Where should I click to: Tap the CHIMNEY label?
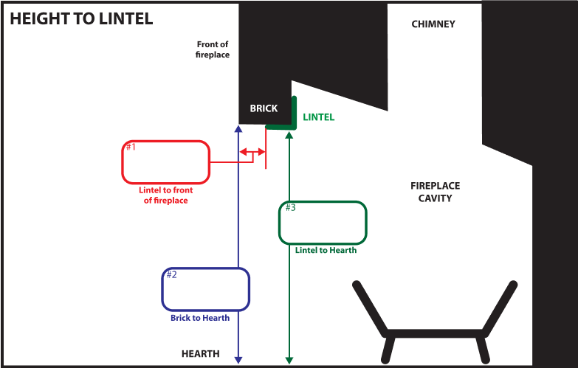tap(433, 24)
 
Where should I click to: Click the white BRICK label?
tap(264, 108)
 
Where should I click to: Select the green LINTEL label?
tap(319, 117)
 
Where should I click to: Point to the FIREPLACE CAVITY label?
tap(435, 192)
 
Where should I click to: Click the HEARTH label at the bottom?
tap(201, 354)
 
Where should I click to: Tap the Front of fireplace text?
tap(213, 49)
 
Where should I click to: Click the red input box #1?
tap(166, 162)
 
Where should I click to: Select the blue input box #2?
tap(206, 289)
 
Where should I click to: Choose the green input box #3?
tap(323, 222)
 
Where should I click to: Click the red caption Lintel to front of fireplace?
tap(166, 195)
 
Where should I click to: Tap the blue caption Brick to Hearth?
tap(200, 319)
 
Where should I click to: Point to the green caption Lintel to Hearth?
tap(326, 251)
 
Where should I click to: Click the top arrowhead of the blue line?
tap(238, 130)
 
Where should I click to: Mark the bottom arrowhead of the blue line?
tap(238, 360)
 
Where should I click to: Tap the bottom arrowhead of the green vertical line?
tap(289, 360)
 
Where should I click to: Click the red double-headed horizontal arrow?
tap(251, 154)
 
